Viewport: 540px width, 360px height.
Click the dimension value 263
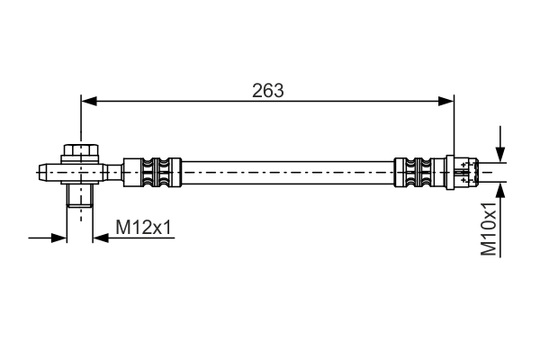pyautogui.click(x=268, y=90)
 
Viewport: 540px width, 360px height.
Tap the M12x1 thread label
pyautogui.click(x=144, y=229)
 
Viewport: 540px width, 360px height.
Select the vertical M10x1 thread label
pyautogui.click(x=489, y=229)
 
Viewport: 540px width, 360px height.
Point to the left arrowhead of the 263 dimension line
pyautogui.click(x=88, y=102)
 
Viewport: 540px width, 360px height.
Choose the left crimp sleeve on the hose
pyautogui.click(x=151, y=171)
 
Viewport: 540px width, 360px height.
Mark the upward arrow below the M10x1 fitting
pyautogui.click(x=499, y=192)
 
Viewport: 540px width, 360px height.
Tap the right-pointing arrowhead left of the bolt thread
pyautogui.click(x=60, y=238)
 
